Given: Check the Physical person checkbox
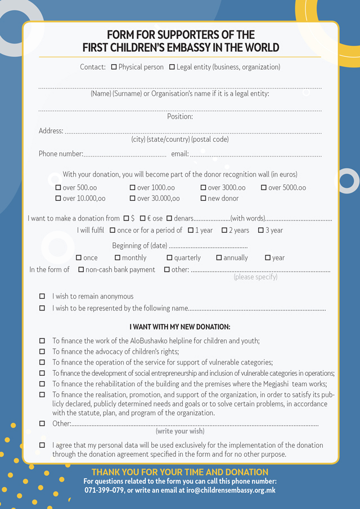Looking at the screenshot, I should pos(114,67).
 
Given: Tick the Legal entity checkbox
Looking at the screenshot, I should pos(172,67).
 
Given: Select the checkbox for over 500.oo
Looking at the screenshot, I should pos(58,187).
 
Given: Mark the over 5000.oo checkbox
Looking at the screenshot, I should pos(264,187).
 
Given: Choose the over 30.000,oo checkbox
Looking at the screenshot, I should pos(133,198).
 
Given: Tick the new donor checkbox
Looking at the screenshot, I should pos(204,198).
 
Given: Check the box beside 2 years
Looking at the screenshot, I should pos(224,230).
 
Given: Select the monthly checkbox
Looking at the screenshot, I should pos(118,258).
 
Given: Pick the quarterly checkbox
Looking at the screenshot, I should pos(169,258).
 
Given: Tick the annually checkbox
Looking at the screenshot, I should pos(219,258).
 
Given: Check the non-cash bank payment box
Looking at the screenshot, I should pos(81,269).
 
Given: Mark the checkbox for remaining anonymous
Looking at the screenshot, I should pos(42,296).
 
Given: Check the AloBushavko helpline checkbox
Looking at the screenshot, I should pos(42,341).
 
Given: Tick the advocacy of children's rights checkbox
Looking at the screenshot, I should pos(42,352).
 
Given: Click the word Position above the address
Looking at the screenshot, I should pos(180,117).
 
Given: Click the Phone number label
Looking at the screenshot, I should pos(61,154).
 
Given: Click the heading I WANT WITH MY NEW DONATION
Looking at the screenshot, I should pos(180,327).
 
